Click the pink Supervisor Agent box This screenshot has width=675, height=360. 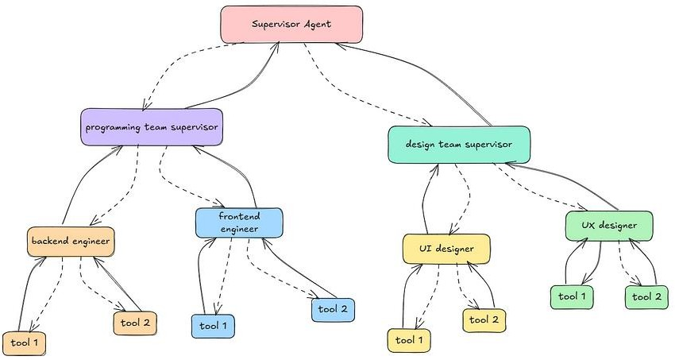291,24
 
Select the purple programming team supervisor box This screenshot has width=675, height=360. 151,126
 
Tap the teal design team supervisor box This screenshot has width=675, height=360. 458,145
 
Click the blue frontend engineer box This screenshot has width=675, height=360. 240,223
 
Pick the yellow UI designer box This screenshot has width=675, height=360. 446,249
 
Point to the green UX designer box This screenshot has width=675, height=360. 609,226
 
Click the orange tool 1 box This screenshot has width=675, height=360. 24,343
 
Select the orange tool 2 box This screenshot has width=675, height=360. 135,323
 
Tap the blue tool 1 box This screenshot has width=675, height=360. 213,326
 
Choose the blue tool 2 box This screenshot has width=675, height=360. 332,308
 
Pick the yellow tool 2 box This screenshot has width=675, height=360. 484,319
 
